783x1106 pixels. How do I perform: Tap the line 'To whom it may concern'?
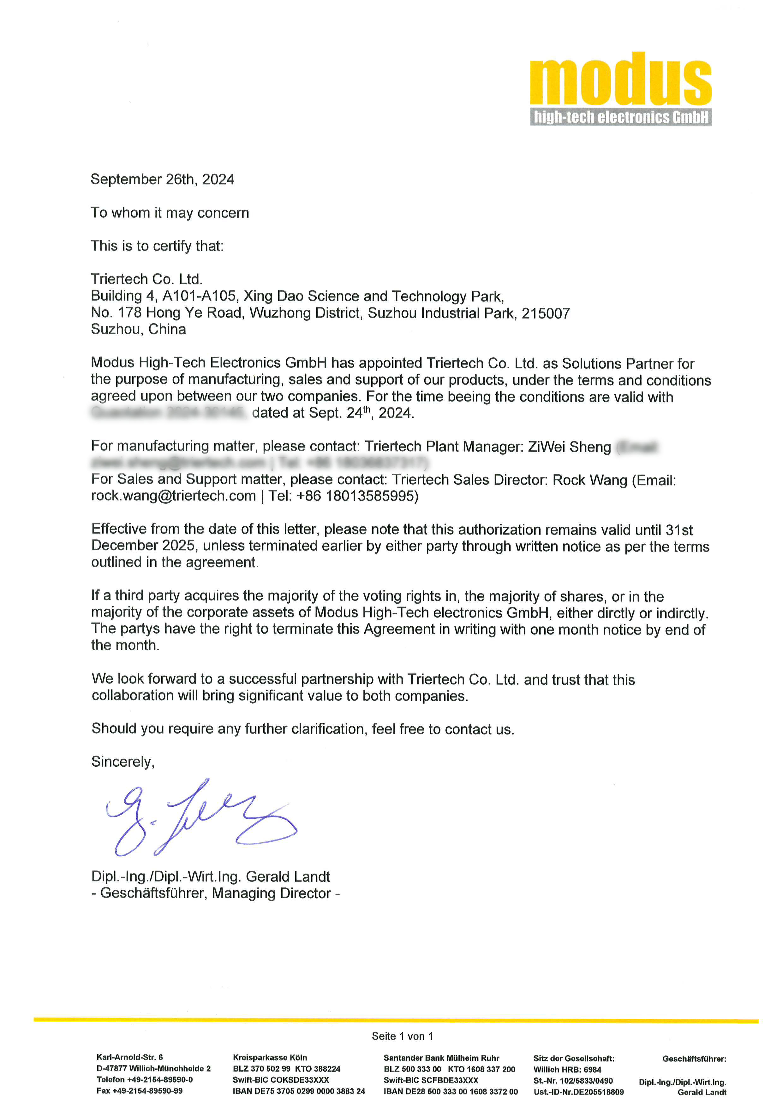click(x=170, y=213)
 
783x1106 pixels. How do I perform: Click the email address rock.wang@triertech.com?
click(x=174, y=496)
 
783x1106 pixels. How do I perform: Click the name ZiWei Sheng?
click(x=569, y=447)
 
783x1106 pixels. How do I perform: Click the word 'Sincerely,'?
click(x=123, y=762)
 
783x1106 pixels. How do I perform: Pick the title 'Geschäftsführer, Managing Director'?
click(x=216, y=893)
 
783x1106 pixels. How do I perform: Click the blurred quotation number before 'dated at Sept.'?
click(x=169, y=413)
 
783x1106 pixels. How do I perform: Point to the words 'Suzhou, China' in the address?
click(x=138, y=330)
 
